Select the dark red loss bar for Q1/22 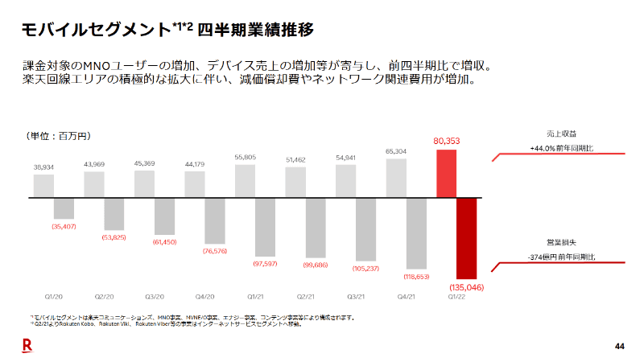467,238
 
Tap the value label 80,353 447,141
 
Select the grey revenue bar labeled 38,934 43,186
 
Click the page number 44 619,346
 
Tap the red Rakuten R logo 27,345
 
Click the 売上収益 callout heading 561,133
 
